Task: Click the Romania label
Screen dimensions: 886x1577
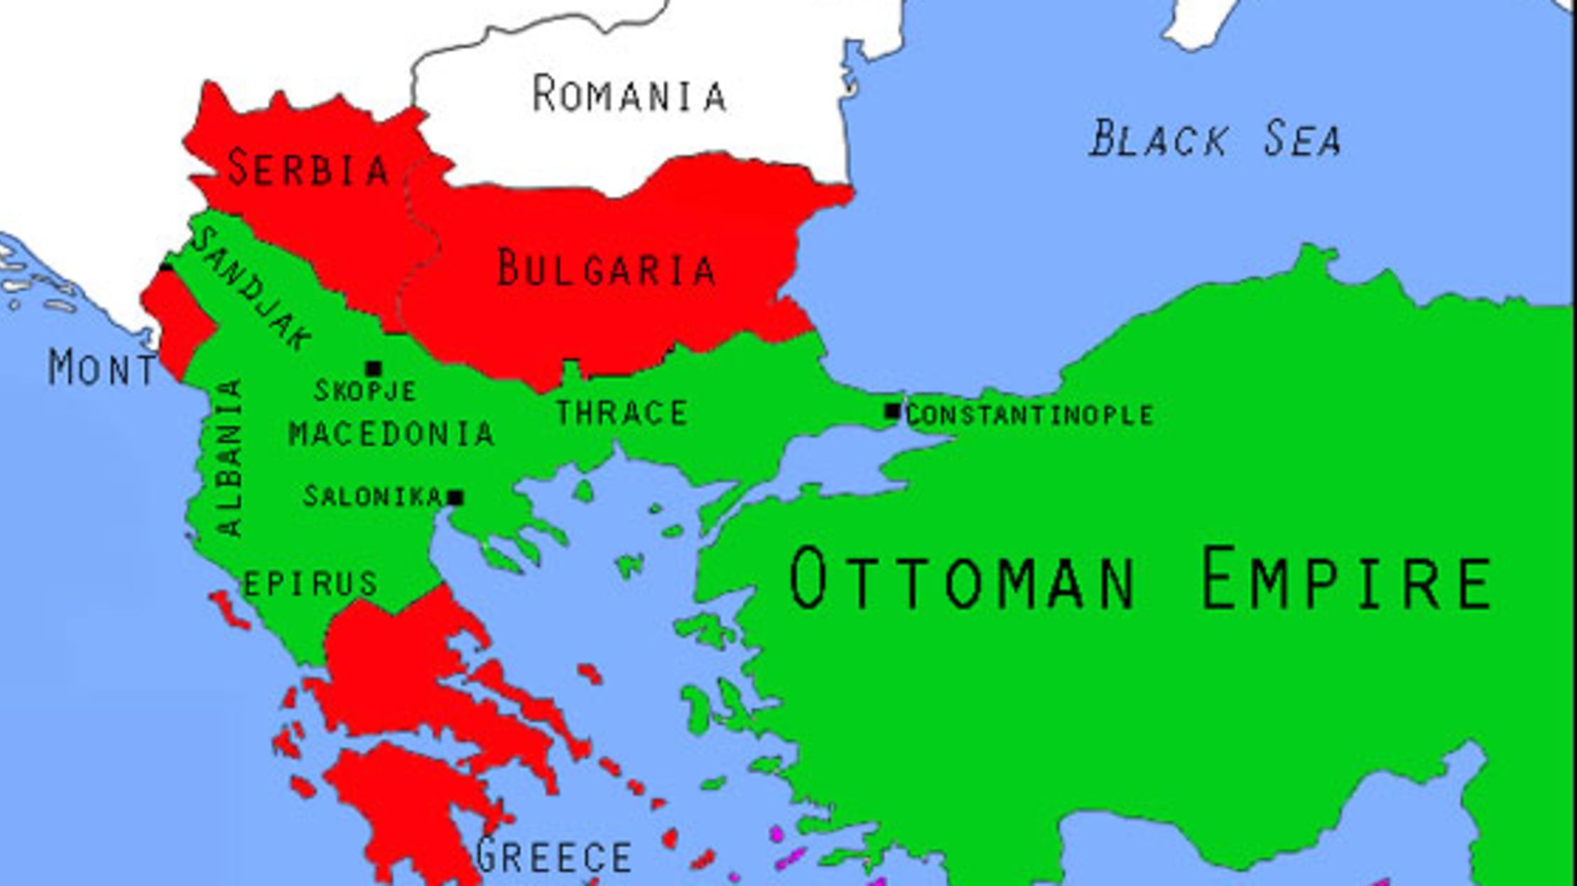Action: coord(629,94)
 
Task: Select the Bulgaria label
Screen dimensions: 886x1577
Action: coord(605,268)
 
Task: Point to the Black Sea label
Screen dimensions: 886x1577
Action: coord(1215,139)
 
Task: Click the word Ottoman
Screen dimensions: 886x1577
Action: coord(963,579)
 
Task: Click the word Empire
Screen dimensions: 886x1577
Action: coord(1346,579)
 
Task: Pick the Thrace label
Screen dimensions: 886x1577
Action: coord(622,413)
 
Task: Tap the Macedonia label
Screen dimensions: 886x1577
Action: coord(391,434)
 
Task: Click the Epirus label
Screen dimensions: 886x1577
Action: coord(310,584)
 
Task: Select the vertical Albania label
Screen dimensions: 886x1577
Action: coord(230,458)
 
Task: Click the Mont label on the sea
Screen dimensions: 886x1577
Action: coord(101,368)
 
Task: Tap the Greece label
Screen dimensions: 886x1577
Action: coord(553,856)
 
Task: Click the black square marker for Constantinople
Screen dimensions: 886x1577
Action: coord(892,411)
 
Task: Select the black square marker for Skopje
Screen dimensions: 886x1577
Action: coord(373,368)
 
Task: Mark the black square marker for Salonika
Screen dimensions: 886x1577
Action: coord(455,498)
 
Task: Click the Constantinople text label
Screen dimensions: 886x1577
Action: coord(1029,415)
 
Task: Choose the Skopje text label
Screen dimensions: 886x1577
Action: coord(365,391)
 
